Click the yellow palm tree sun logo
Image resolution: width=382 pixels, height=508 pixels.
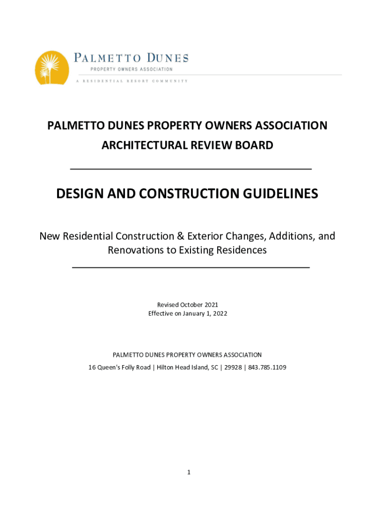point(52,68)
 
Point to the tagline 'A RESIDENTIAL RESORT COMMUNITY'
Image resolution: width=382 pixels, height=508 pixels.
point(131,81)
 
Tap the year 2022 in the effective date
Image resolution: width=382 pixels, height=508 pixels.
point(220,314)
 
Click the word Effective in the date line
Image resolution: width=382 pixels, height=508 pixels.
point(160,314)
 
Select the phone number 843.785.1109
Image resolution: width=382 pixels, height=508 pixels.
point(267,368)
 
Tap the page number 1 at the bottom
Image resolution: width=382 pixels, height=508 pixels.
point(189,472)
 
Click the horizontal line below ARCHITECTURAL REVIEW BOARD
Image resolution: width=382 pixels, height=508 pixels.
point(191,169)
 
